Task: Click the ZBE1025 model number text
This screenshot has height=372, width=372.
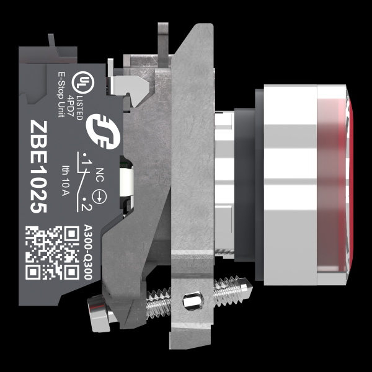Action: click(x=38, y=167)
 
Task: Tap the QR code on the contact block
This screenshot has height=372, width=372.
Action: click(x=52, y=253)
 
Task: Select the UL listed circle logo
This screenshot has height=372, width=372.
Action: click(x=83, y=82)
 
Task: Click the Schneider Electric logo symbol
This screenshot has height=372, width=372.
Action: click(x=103, y=131)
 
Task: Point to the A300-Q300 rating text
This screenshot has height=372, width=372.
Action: click(x=88, y=252)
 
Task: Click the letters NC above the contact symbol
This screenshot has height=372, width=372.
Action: click(x=100, y=175)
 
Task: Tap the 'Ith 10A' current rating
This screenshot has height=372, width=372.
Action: click(x=65, y=180)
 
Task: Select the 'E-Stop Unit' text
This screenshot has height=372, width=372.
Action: click(x=61, y=95)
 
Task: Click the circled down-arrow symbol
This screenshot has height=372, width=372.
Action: click(x=99, y=197)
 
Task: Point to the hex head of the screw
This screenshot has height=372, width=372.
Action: click(x=97, y=312)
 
